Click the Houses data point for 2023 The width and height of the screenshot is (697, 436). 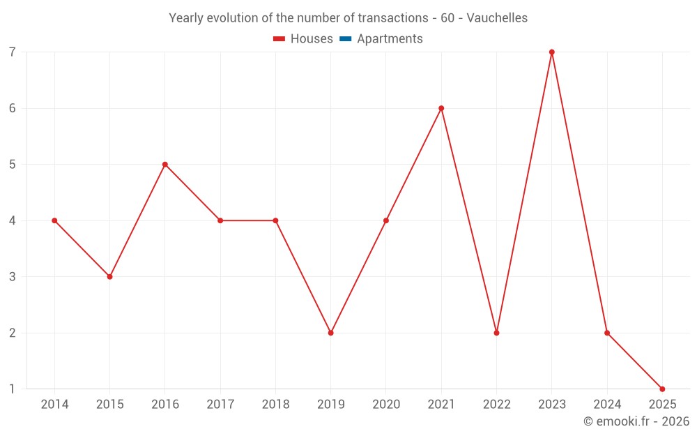point(551,52)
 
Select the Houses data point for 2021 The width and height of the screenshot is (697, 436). point(441,108)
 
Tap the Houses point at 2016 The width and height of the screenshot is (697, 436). point(165,165)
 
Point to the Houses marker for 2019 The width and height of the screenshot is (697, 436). point(330,333)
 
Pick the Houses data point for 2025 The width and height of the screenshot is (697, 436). point(662,389)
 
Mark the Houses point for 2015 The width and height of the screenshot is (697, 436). point(109,277)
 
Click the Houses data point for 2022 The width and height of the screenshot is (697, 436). point(496,333)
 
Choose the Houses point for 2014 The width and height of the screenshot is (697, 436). point(54,220)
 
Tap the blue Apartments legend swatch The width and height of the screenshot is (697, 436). point(345,39)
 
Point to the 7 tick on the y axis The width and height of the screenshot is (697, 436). point(13,52)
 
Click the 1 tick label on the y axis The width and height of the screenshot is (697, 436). point(13,389)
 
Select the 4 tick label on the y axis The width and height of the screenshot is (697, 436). point(13,220)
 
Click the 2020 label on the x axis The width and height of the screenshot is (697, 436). point(386,405)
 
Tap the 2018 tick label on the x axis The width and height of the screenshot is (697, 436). point(275,405)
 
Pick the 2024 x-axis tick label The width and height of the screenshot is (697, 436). point(607,405)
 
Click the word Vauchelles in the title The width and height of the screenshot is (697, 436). point(497,18)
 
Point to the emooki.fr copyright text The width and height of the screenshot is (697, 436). point(636,421)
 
